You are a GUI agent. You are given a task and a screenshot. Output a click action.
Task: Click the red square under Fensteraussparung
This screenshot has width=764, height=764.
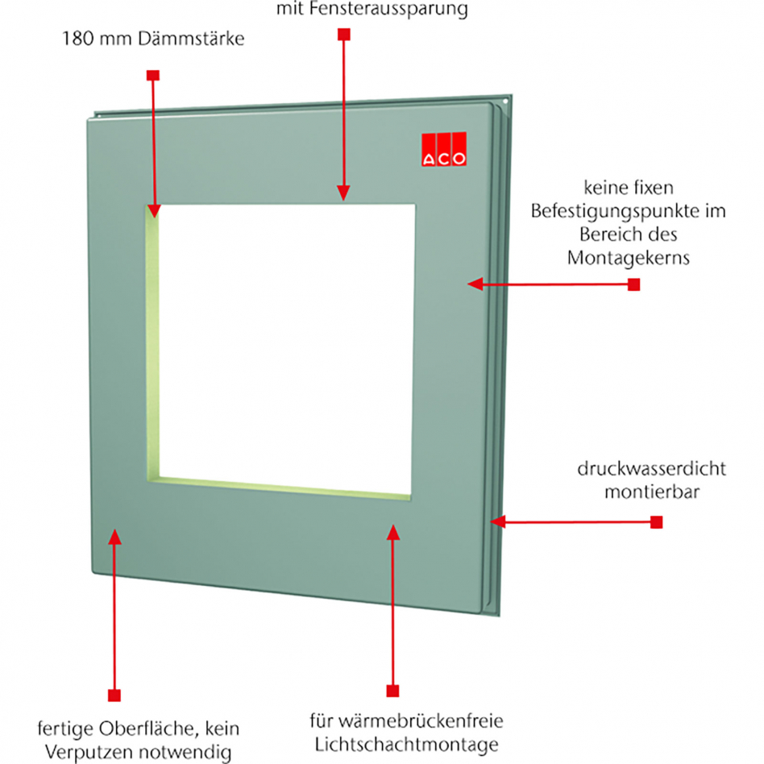tap(343, 35)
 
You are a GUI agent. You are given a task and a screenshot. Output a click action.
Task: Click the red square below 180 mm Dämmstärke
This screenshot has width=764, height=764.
tap(152, 75)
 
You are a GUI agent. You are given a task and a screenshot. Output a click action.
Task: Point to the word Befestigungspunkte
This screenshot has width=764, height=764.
tap(627, 213)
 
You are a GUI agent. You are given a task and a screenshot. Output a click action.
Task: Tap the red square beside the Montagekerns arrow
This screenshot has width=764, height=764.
tap(633, 284)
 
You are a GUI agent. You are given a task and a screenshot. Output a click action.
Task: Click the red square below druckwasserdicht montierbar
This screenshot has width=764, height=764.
tap(656, 522)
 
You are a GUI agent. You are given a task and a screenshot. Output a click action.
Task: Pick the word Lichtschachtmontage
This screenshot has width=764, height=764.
tap(399, 744)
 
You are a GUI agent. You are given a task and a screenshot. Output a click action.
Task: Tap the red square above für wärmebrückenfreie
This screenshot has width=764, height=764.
tap(392, 691)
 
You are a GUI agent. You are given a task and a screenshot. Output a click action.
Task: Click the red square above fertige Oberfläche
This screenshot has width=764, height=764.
tap(114, 695)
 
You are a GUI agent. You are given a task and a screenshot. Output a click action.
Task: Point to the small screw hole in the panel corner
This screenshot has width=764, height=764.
tap(505, 102)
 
